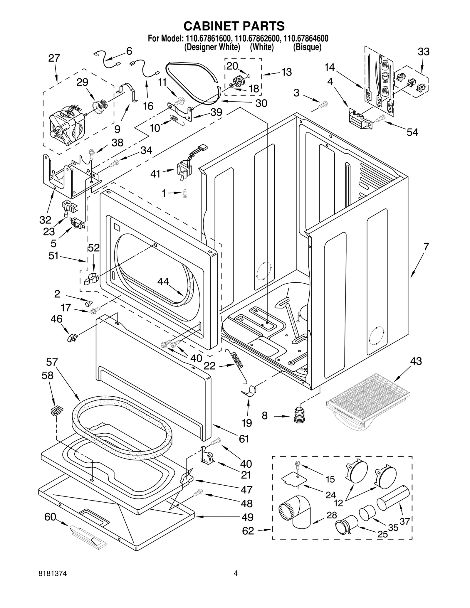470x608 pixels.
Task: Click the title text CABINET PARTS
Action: point(234,26)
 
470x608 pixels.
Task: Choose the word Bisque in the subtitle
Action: point(307,47)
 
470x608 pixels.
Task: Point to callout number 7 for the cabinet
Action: point(426,246)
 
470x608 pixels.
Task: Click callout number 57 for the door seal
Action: point(52,362)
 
